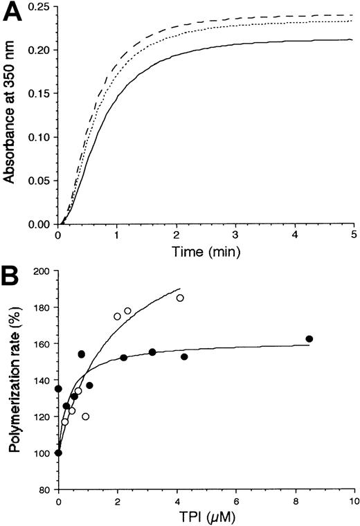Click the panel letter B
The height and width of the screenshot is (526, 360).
point(13,276)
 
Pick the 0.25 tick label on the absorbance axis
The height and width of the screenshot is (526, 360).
point(38,7)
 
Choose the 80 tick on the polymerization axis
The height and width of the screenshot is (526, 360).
point(44,489)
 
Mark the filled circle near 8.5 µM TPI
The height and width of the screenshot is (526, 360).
point(309,338)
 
